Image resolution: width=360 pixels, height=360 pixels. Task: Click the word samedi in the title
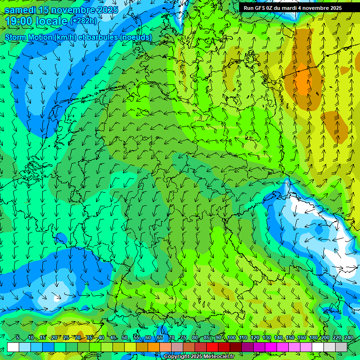[21, 10]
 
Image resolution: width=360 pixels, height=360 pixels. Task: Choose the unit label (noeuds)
[135, 37]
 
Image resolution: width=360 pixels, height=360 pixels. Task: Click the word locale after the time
[51, 21]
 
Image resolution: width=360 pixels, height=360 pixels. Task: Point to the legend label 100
[232, 338]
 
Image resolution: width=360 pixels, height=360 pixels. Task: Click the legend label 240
[349, 338]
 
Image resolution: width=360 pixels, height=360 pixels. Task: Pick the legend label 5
[17, 338]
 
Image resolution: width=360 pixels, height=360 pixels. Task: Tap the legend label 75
[183, 338]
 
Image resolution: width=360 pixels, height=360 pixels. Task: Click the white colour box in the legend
[13, 347]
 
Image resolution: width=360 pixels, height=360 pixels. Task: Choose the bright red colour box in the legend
[212, 347]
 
